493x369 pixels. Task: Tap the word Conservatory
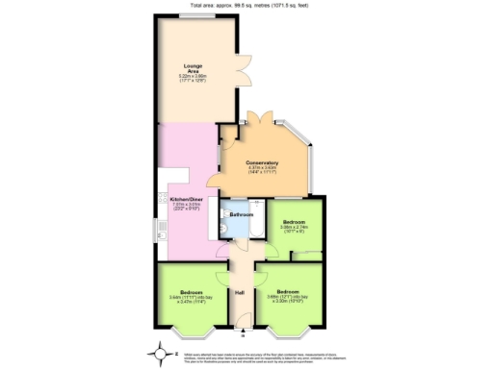pyautogui.click(x=262, y=162)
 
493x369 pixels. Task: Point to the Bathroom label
pyautogui.click(x=241, y=214)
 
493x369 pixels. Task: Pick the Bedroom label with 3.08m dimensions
pyautogui.click(x=293, y=223)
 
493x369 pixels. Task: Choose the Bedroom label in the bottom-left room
pyautogui.click(x=190, y=291)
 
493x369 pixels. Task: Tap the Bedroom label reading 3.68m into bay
pyautogui.click(x=287, y=291)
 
